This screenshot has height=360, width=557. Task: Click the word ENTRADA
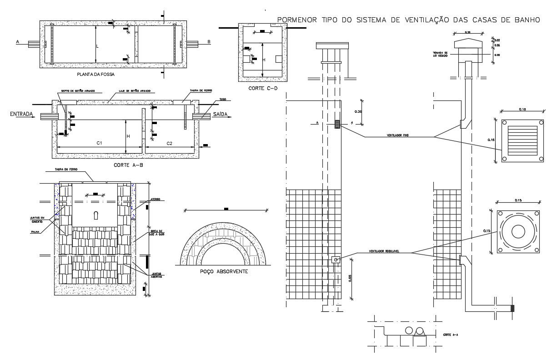[x=22, y=115]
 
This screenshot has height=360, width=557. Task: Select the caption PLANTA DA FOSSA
[x=95, y=73]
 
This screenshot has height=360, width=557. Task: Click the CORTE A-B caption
[x=128, y=165]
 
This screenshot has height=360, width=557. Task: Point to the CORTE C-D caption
[x=262, y=88]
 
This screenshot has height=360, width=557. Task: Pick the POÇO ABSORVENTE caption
[x=224, y=271]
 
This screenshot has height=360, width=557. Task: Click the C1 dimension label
[x=99, y=143]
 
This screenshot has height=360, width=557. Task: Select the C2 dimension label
[x=169, y=143]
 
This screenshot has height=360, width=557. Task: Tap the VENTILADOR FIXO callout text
[x=397, y=135]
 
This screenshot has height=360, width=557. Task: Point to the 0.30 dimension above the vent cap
[x=467, y=32]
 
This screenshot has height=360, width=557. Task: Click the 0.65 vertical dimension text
[x=350, y=278]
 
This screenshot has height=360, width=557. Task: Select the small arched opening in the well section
[x=95, y=216]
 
